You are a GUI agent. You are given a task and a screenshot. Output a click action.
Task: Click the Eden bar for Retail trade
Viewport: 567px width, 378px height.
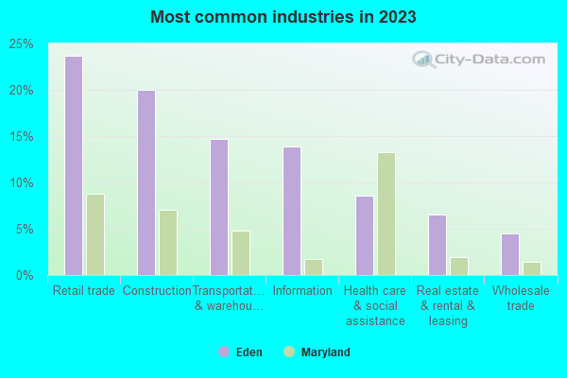point(74,165)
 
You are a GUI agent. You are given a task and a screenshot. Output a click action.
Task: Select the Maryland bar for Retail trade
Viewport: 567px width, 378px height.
point(95,234)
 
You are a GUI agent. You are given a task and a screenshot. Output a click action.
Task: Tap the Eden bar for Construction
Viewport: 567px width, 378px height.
point(146,182)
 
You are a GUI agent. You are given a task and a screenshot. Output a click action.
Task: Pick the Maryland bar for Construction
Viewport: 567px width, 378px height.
point(168,242)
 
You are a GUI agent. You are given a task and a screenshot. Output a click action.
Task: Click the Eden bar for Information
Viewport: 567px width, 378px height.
point(292,211)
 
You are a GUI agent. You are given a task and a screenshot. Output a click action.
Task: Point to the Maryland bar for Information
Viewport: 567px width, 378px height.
point(314,266)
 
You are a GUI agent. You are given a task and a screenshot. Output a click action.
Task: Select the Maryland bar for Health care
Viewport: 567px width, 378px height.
point(387,214)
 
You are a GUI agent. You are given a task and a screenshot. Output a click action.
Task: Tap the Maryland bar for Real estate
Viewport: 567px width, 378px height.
point(459,266)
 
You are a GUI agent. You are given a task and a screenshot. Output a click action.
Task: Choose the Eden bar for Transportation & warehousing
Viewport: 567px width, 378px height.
point(219,207)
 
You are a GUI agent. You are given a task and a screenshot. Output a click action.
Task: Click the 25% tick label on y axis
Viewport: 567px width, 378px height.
point(22,44)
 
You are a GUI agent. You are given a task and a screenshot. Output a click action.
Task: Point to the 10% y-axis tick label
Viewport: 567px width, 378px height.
point(22,183)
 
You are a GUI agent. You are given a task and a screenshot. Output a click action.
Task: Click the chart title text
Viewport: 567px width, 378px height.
point(283,17)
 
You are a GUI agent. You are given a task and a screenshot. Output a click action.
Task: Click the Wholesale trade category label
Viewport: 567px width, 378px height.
point(521,298)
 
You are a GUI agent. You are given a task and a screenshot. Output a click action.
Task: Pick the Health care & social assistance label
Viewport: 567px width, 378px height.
point(375,305)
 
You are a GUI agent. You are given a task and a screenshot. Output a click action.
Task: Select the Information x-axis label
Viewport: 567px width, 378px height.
point(302,291)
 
